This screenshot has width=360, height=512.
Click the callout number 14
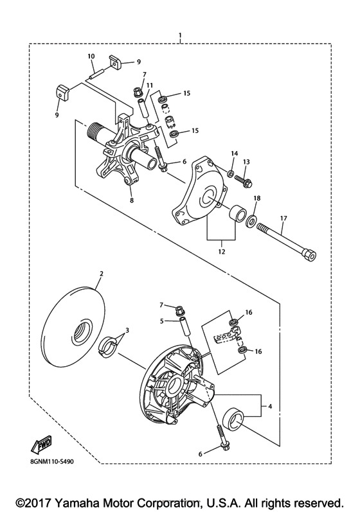(x=235, y=154)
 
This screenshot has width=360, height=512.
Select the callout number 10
(x=91, y=57)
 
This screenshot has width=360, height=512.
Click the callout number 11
(x=148, y=85)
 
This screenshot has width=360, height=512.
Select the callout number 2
(x=100, y=273)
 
